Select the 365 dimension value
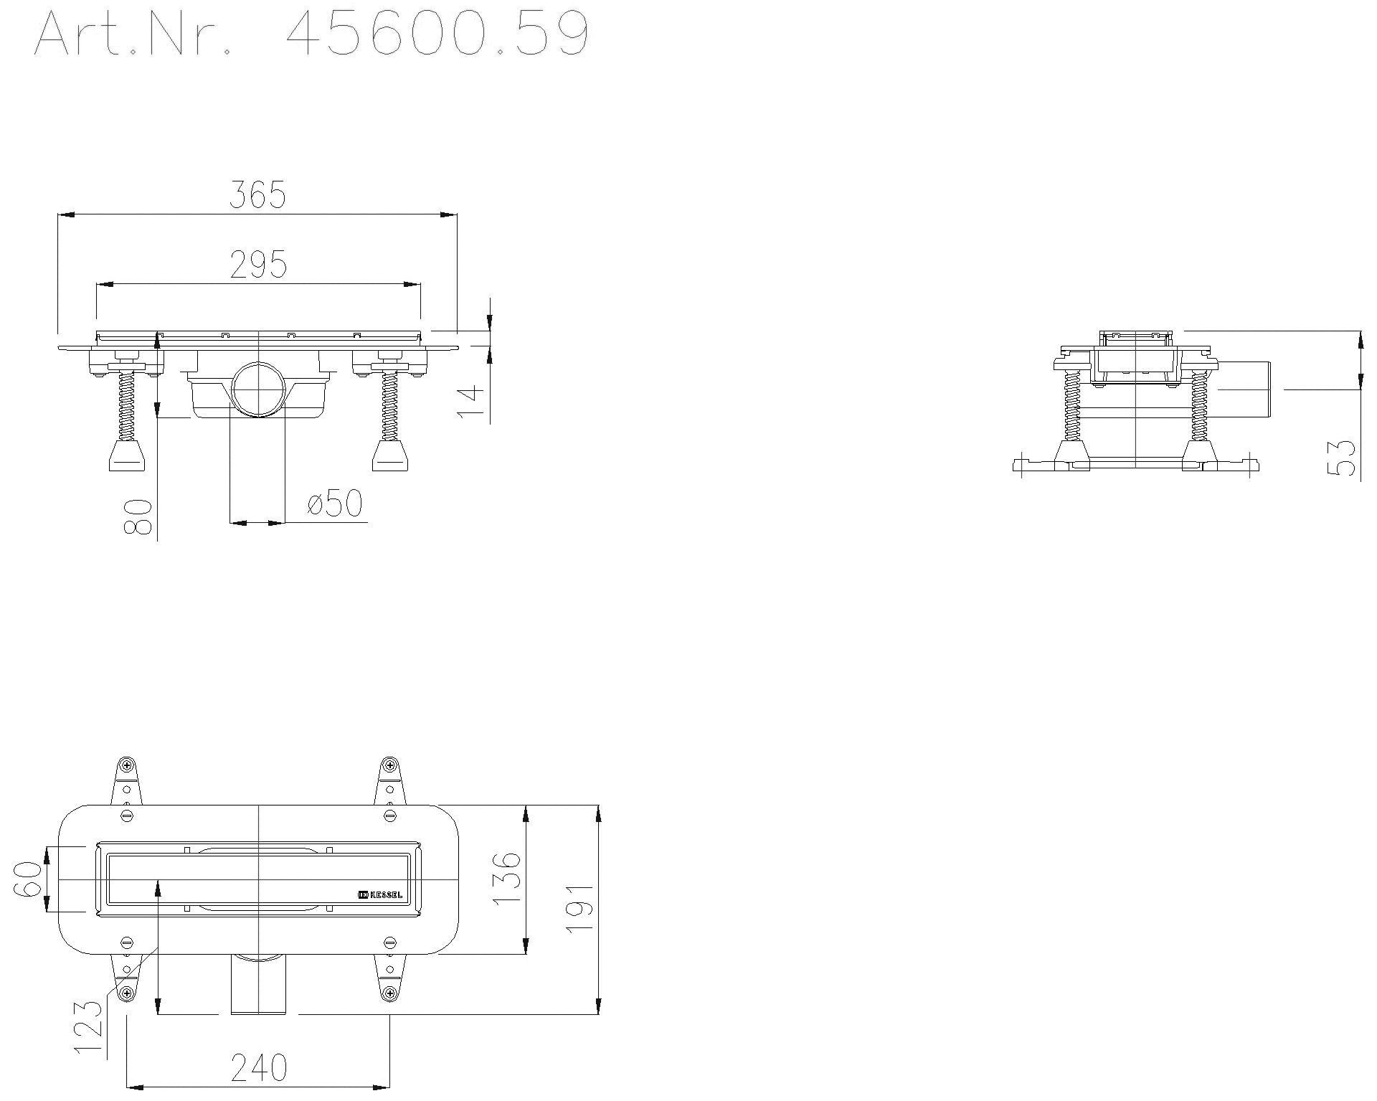click(x=257, y=194)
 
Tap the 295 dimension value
click(x=258, y=265)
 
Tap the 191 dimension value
click(x=579, y=907)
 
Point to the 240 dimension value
click(x=258, y=1068)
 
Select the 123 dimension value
click(x=89, y=1028)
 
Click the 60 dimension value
click(x=28, y=879)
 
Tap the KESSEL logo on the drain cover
click(x=380, y=894)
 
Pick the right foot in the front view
click(x=390, y=456)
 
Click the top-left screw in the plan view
click(x=126, y=765)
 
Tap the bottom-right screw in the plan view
click(x=389, y=993)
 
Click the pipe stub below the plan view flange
click(x=258, y=986)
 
